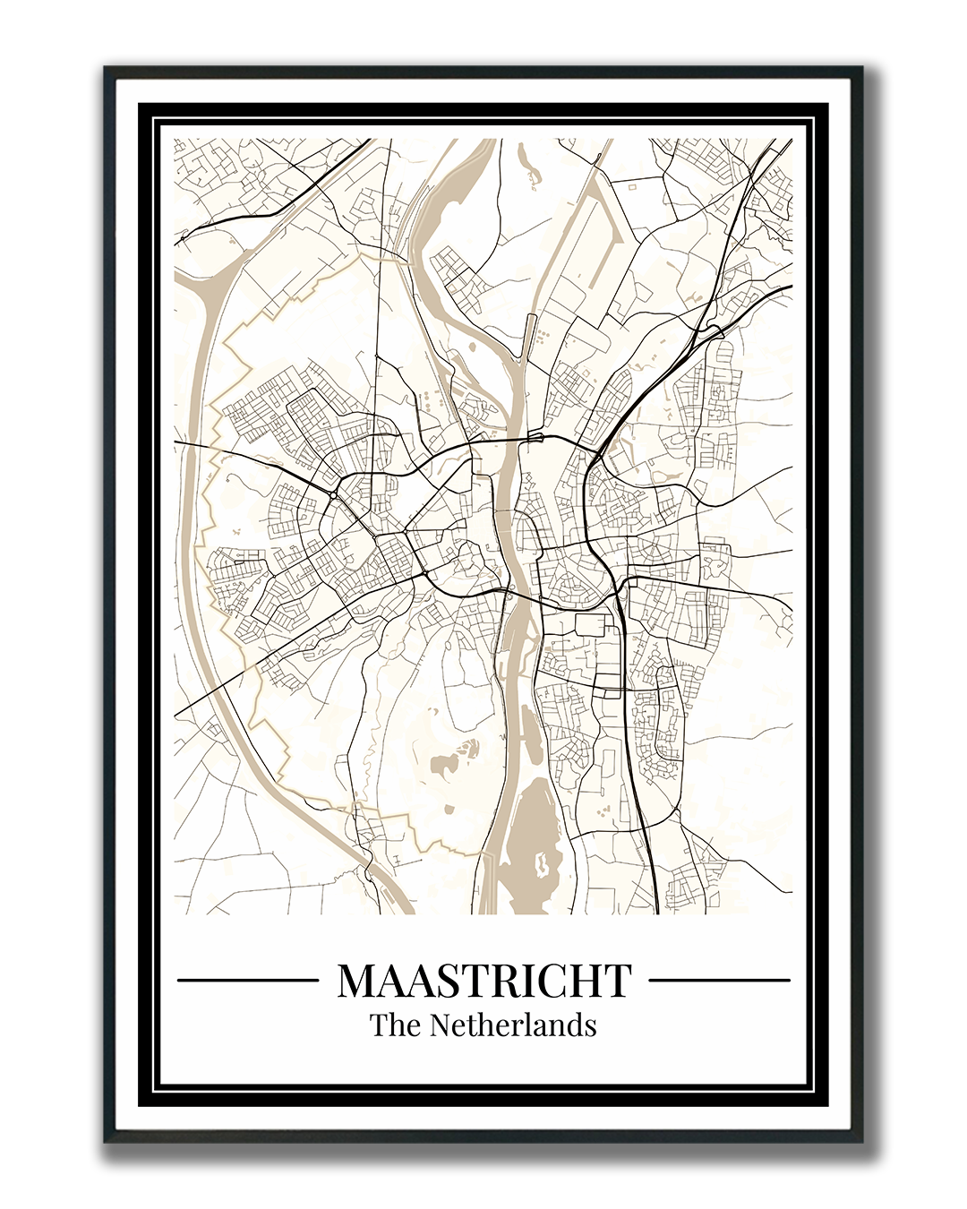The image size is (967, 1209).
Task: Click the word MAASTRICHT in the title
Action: [484, 980]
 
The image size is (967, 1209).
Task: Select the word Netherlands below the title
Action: [513, 1025]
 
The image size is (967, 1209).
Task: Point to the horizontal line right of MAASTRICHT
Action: [719, 980]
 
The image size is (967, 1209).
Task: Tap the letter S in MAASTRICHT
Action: [442, 981]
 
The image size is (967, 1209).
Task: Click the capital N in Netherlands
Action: [441, 1025]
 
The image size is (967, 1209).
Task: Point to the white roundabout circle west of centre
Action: [332, 494]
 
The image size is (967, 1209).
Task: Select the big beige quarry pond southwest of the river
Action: [442, 764]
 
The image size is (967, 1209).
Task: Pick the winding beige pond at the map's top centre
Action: [526, 165]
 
